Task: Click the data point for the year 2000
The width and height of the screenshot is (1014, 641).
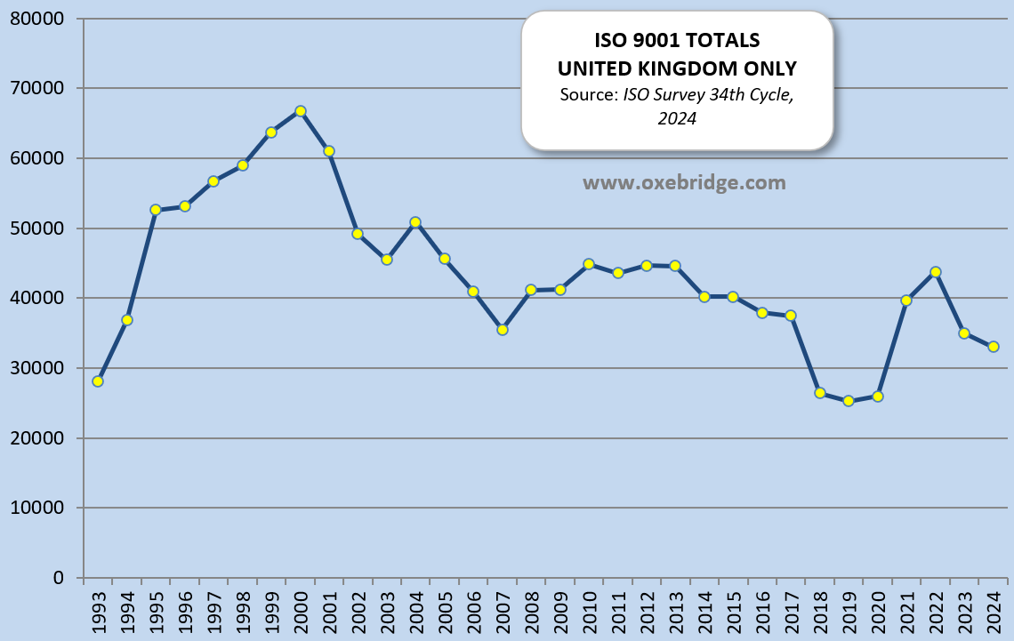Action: click(301, 111)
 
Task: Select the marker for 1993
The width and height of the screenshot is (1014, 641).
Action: click(98, 381)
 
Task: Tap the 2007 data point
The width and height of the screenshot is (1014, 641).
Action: click(503, 330)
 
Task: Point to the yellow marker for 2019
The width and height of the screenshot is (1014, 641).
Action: click(849, 401)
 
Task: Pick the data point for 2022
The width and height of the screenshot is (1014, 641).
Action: click(936, 272)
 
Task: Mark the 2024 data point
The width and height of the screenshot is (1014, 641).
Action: click(994, 347)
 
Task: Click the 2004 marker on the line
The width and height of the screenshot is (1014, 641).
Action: click(415, 222)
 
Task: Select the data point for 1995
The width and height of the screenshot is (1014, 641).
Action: click(156, 210)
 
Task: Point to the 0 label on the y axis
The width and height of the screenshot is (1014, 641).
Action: click(59, 578)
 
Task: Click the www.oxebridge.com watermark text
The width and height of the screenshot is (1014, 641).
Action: click(684, 183)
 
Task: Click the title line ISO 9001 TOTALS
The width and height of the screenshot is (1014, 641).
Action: click(677, 42)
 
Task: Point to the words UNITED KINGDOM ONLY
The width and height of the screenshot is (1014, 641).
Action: click(677, 68)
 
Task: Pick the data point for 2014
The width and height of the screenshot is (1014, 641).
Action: click(704, 297)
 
